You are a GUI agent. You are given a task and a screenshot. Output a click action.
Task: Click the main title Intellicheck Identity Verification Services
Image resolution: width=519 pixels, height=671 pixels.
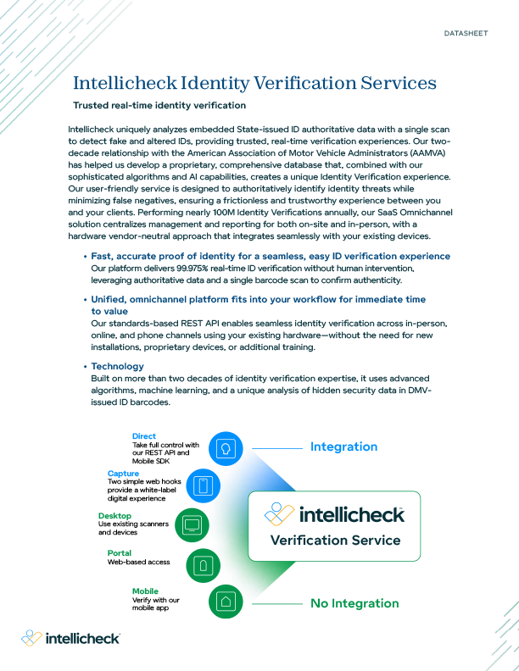coord(255,83)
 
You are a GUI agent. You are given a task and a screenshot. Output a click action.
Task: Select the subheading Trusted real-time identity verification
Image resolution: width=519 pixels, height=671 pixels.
coord(159,106)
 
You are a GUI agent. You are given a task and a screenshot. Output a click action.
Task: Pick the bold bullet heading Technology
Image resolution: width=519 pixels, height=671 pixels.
coord(117,366)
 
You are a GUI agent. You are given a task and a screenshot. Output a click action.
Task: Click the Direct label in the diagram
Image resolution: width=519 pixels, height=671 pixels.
coord(144,436)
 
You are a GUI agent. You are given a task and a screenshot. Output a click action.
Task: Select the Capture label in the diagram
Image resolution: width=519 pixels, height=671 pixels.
coord(124,473)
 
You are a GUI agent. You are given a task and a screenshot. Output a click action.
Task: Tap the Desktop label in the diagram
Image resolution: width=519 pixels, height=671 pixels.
coord(114,515)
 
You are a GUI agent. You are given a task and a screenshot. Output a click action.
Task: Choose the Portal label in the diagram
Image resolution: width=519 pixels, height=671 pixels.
coord(120,552)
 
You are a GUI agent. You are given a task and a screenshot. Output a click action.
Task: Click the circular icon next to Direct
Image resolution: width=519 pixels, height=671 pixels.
coord(226,447)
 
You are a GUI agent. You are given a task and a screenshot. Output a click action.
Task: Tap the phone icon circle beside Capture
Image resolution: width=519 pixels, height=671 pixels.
coord(203,485)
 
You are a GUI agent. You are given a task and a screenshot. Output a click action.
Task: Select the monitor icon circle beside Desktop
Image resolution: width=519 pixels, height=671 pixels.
coord(192,525)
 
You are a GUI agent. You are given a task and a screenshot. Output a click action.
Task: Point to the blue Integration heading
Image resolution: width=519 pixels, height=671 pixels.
coord(343,446)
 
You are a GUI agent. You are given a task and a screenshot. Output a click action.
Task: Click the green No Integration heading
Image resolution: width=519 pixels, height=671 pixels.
coord(354,603)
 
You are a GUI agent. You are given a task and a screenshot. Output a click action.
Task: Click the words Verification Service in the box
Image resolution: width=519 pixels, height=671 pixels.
coord(334,540)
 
